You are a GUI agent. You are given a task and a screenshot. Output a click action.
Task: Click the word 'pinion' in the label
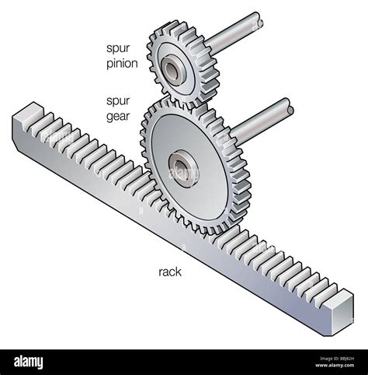[x=121, y=64]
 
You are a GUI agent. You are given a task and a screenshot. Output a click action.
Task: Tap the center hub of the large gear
[x=182, y=167]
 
